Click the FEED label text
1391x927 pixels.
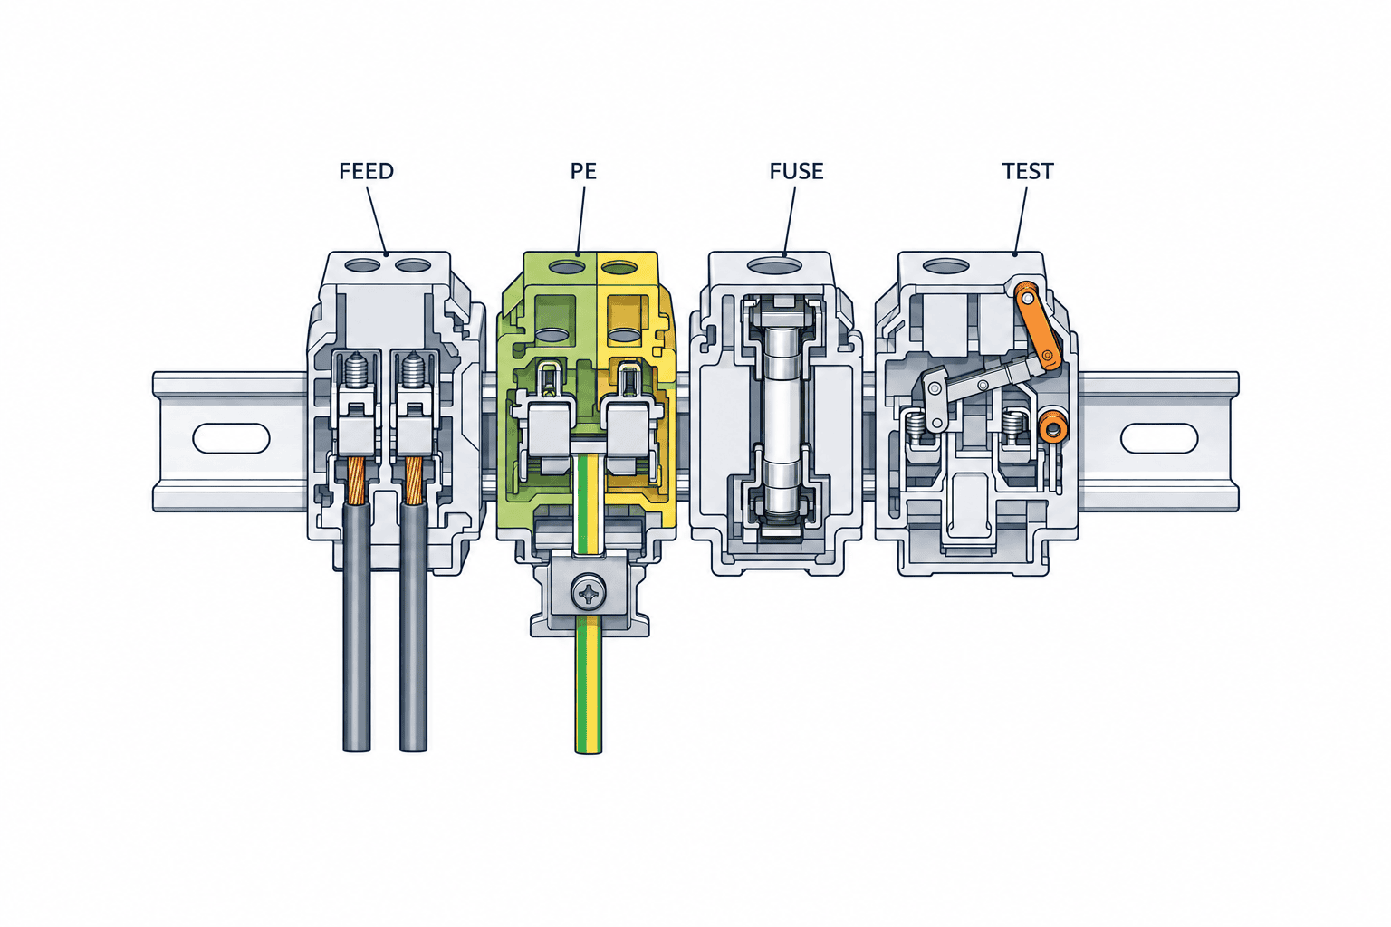(x=367, y=171)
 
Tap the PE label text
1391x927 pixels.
(x=584, y=171)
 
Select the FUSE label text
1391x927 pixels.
(x=797, y=171)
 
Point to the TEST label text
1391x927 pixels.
(x=1028, y=171)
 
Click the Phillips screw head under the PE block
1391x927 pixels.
(x=588, y=594)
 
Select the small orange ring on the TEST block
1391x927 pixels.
(x=1053, y=426)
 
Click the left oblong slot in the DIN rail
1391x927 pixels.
(x=231, y=438)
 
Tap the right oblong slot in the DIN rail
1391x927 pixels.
(x=1159, y=438)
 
